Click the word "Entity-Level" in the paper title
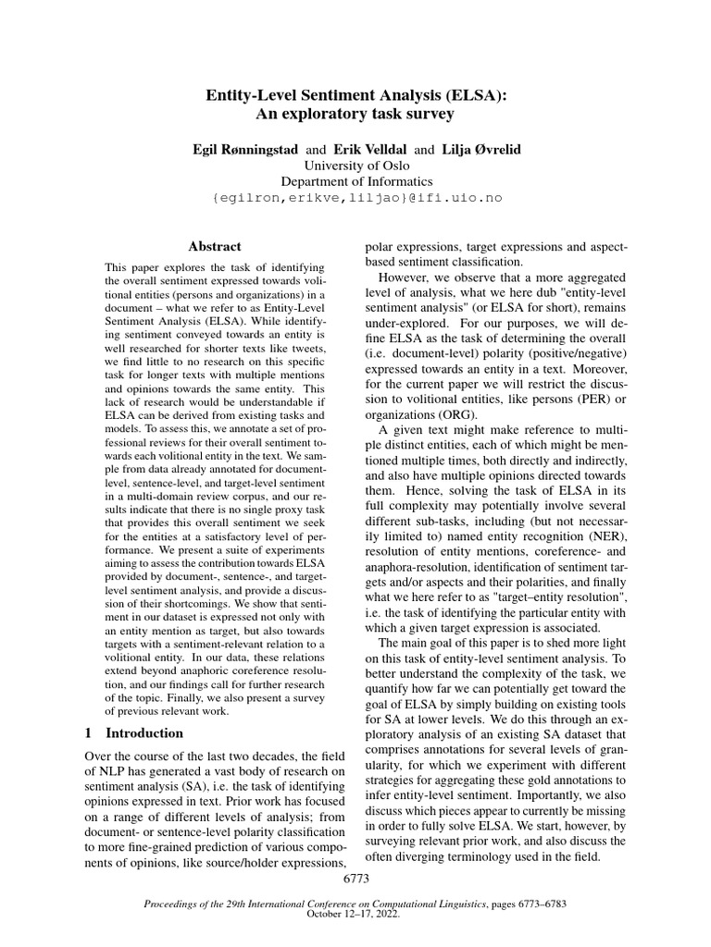pos(256,95)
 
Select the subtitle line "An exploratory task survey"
pos(355,115)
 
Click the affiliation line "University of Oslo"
pos(356,166)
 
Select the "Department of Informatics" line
pos(356,181)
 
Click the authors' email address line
pos(356,198)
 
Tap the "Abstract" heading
pos(215,247)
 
